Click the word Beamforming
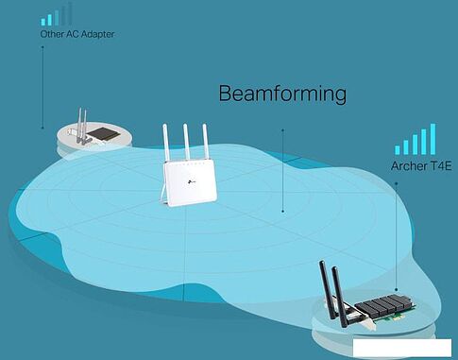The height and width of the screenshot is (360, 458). click(x=282, y=94)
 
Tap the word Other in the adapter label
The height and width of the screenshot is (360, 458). click(x=51, y=35)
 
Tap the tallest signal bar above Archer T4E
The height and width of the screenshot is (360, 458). click(x=433, y=138)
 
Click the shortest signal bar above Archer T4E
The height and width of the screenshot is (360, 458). click(x=399, y=149)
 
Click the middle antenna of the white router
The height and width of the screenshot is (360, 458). click(x=187, y=143)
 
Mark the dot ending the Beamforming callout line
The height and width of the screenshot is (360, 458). click(x=282, y=212)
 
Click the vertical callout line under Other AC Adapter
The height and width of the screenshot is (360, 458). click(x=42, y=85)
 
